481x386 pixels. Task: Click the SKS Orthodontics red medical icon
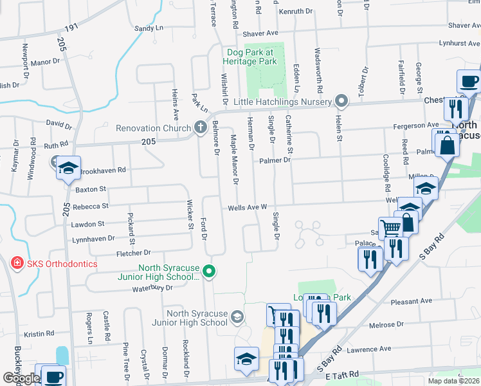point(17,264)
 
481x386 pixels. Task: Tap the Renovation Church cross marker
point(200,127)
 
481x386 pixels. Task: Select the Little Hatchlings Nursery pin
point(341,101)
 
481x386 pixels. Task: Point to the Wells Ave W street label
point(247,207)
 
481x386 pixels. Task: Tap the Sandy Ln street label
point(149,28)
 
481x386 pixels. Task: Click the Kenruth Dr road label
point(296,12)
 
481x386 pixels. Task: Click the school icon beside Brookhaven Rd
point(68,169)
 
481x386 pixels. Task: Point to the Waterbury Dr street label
point(152,288)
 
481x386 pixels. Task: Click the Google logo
point(21,378)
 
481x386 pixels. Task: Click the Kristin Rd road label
point(39,334)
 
